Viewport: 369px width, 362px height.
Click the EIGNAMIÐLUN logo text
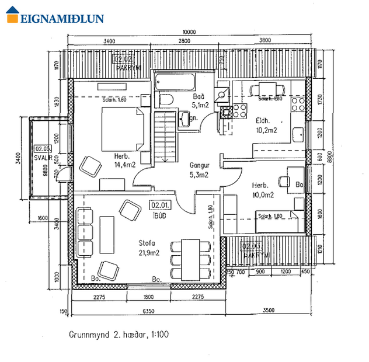click(x=62, y=18)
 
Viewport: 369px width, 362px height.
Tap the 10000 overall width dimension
click(x=187, y=32)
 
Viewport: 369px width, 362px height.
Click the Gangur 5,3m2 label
click(x=200, y=169)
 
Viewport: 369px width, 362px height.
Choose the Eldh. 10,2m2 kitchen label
click(x=265, y=126)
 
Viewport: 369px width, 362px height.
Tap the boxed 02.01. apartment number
click(x=159, y=205)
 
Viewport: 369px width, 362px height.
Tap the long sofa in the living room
click(x=106, y=235)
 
